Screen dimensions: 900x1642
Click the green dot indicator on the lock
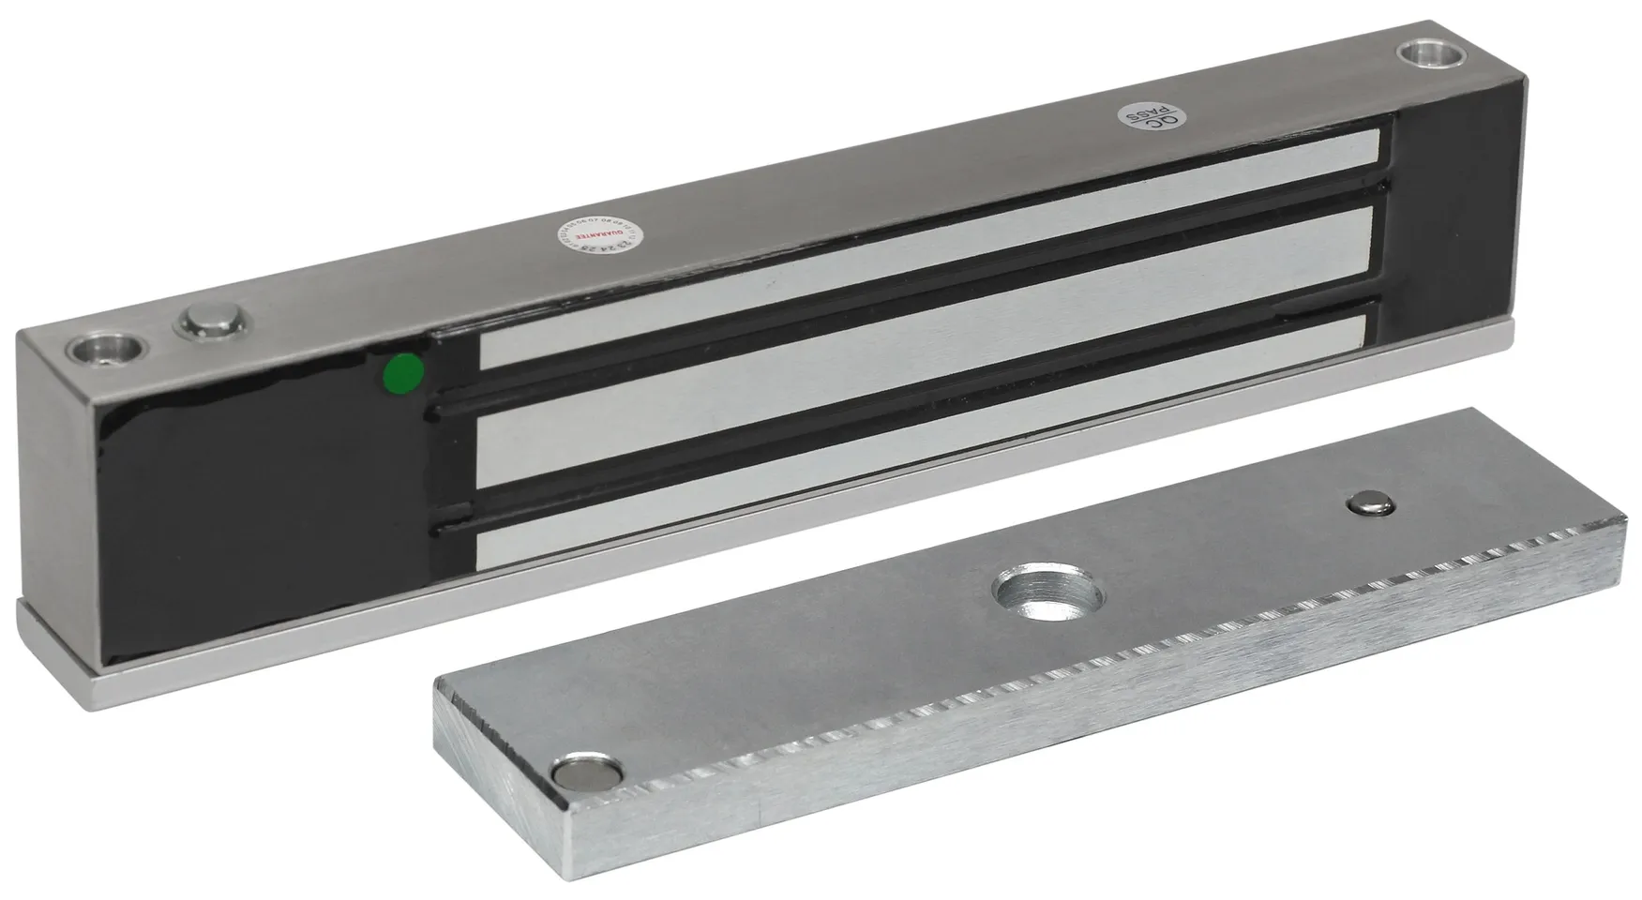point(403,372)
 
